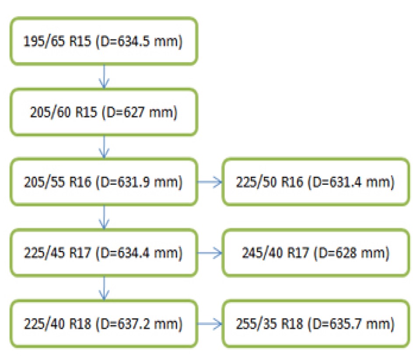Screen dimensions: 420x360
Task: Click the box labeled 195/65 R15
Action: click(104, 42)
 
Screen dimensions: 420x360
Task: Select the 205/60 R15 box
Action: click(104, 112)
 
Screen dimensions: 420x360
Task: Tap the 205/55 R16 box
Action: click(104, 182)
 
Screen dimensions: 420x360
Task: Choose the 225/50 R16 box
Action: click(316, 182)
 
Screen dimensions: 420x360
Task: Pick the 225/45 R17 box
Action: click(104, 252)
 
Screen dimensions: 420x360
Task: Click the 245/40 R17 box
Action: click(316, 252)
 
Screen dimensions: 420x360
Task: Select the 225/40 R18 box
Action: click(104, 324)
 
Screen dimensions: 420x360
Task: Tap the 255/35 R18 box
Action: click(316, 324)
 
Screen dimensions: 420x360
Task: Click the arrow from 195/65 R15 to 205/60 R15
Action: click(104, 77)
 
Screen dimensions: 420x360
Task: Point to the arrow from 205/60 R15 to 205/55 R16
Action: click(104, 147)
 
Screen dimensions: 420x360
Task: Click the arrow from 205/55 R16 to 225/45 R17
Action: click(104, 217)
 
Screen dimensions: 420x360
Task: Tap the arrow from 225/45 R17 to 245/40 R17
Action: click(210, 253)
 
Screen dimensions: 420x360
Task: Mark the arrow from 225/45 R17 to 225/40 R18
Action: click(104, 288)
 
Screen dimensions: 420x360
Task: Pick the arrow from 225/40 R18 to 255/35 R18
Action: click(210, 325)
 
